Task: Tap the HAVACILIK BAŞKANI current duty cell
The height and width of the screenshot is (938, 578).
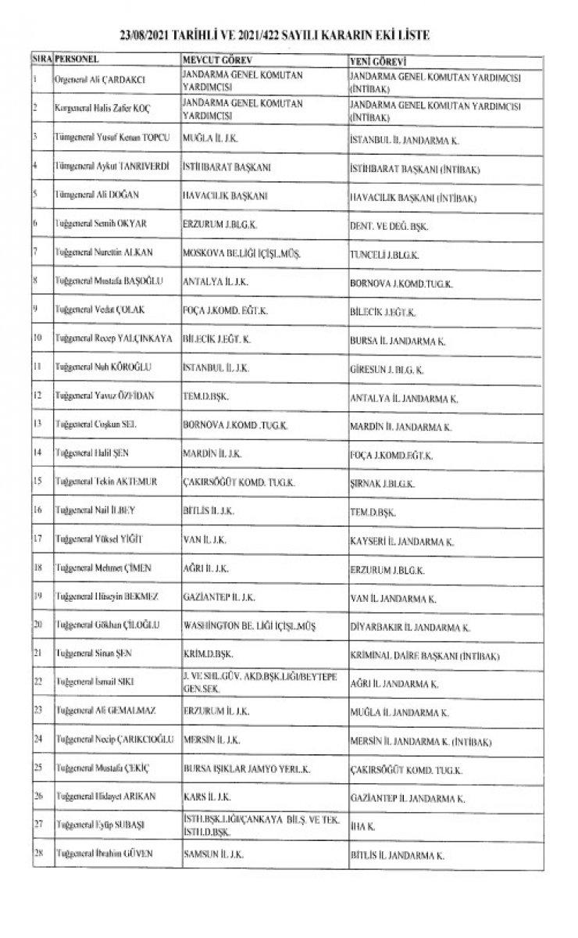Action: pyautogui.click(x=224, y=195)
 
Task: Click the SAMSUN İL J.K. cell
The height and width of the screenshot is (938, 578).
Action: pyautogui.click(x=215, y=856)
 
